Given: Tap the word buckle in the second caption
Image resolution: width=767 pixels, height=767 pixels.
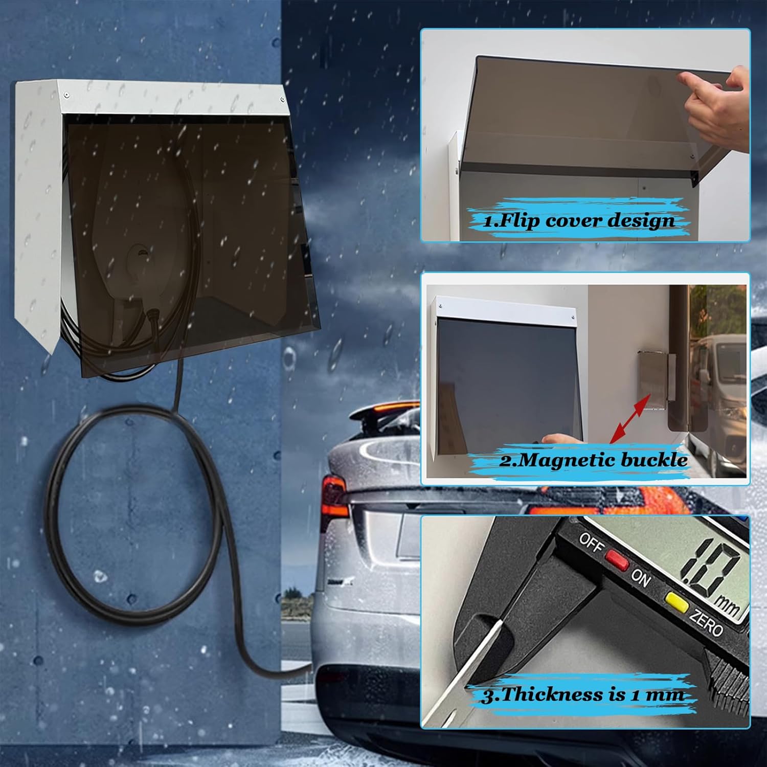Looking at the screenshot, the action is click(654, 459).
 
